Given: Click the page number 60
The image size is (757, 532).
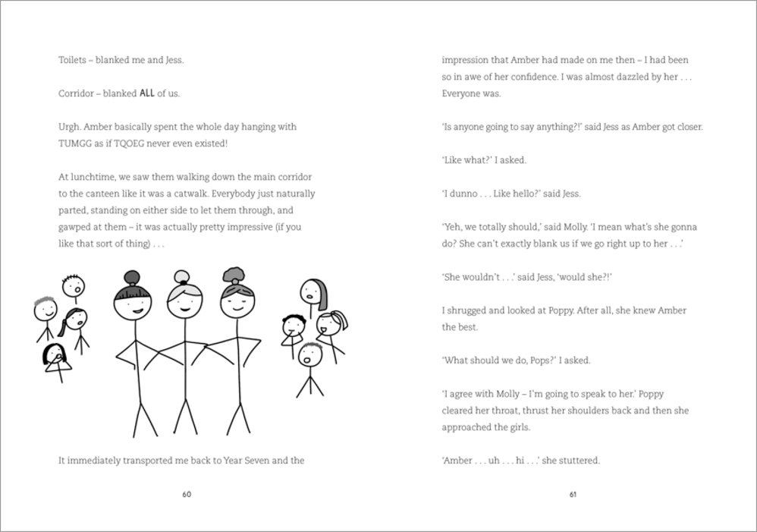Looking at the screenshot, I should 187,495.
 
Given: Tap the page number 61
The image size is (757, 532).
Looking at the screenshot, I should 573,495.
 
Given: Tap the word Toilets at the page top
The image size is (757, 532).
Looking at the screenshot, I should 72,59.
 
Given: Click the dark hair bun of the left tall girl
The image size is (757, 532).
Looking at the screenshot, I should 130,278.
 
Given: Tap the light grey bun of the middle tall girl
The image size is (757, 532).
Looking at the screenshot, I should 181,276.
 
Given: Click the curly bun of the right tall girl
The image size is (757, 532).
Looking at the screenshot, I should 232,274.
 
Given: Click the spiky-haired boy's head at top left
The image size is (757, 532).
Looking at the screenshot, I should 74,286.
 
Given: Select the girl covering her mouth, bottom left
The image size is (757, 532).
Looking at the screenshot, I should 53,356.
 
